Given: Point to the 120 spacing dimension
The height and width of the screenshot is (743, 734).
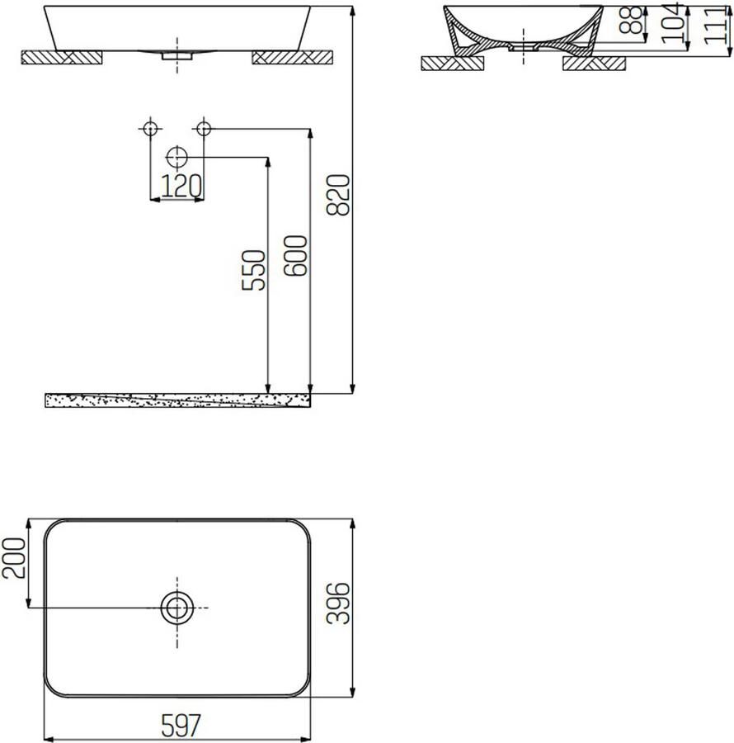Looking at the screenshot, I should tap(181, 187).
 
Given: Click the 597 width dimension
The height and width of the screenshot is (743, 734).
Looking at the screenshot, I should tap(179, 726).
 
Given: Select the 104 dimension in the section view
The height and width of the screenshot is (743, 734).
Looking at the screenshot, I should tap(674, 24).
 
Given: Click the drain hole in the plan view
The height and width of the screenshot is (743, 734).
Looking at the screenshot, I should tap(176, 608).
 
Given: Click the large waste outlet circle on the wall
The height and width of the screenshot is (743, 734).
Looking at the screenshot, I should tap(176, 157).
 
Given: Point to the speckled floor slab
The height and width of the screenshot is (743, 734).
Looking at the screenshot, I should tap(178, 400).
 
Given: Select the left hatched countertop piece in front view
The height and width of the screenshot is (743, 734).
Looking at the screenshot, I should tap(62, 56).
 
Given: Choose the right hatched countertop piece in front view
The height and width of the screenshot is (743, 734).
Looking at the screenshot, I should tap(292, 56).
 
